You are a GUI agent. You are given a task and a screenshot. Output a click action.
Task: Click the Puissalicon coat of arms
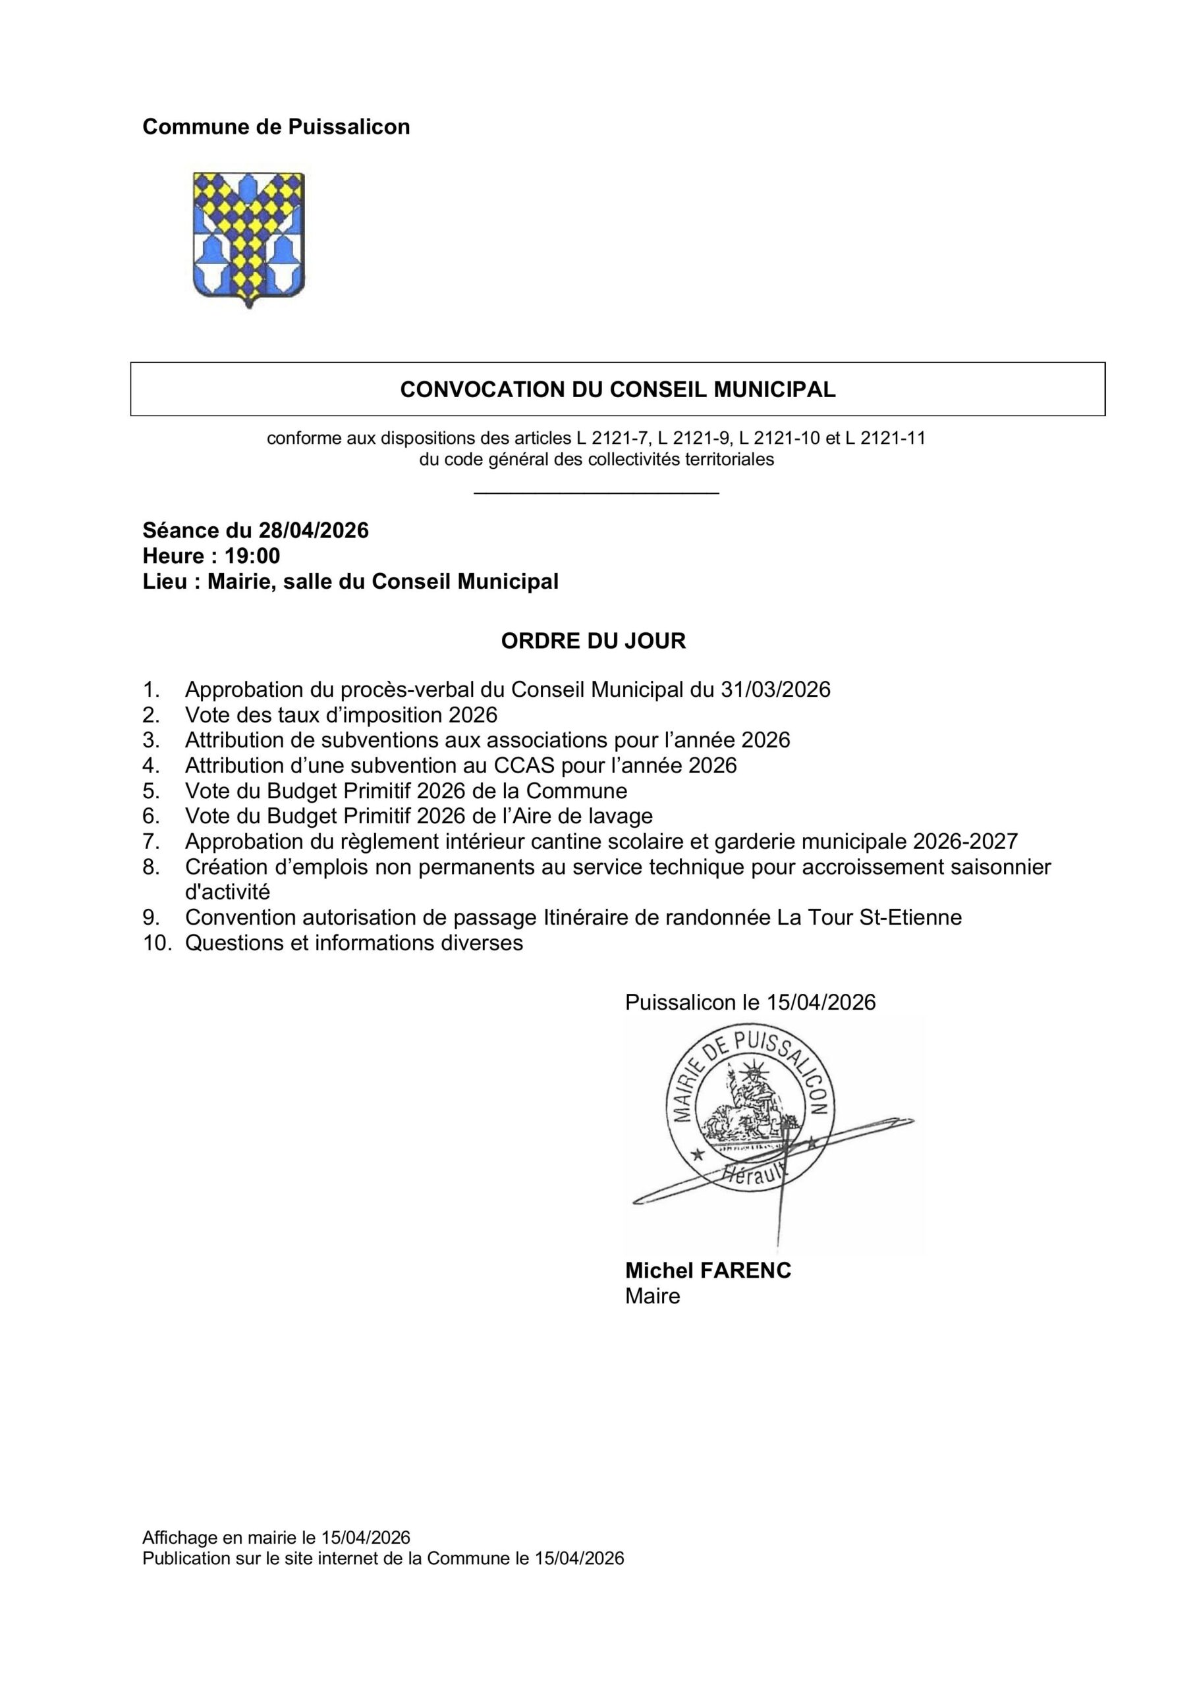pyautogui.click(x=248, y=238)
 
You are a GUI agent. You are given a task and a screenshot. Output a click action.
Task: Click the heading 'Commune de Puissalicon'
pyautogui.click(x=276, y=127)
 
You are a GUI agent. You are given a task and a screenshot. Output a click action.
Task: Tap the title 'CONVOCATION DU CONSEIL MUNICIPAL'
pyautogui.click(x=617, y=389)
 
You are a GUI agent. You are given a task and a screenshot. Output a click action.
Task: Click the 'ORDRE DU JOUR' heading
pyautogui.click(x=593, y=641)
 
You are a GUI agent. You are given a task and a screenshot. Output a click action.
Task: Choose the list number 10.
pyautogui.click(x=157, y=943)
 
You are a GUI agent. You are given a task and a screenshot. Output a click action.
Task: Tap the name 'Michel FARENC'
pyautogui.click(x=708, y=1271)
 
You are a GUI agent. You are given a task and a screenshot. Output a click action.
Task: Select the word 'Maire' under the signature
pyautogui.click(x=652, y=1296)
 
